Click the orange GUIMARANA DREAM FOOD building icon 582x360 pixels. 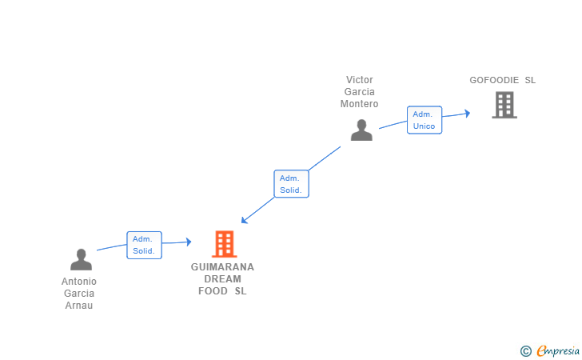pyautogui.click(x=225, y=244)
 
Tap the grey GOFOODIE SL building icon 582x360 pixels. pyautogui.click(x=504, y=105)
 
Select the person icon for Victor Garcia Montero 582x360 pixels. pyautogui.click(x=361, y=130)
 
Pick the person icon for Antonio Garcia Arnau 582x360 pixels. pyautogui.click(x=81, y=259)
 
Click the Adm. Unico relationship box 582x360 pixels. pyautogui.click(x=425, y=120)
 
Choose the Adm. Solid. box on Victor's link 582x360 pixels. pyautogui.click(x=291, y=184)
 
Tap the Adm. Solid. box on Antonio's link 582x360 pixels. pyautogui.click(x=144, y=246)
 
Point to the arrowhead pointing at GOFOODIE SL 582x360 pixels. pyautogui.click(x=468, y=114)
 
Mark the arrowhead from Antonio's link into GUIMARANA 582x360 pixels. pyautogui.click(x=189, y=242)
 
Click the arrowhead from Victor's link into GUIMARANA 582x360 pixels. pyautogui.click(x=244, y=220)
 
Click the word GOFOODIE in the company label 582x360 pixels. pyautogui.click(x=494, y=80)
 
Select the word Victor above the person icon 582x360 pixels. pyautogui.click(x=359, y=80)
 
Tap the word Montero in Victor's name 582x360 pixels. pyautogui.click(x=359, y=104)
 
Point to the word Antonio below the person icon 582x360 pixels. pyautogui.click(x=79, y=282)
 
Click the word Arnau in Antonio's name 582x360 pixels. pyautogui.click(x=79, y=306)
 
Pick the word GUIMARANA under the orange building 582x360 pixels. pyautogui.click(x=222, y=267)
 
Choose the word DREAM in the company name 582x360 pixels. pyautogui.click(x=223, y=279)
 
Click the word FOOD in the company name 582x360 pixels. pyautogui.click(x=213, y=291)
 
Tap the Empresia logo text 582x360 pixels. pyautogui.click(x=558, y=350)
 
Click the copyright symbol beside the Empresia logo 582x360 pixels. pyautogui.click(x=526, y=351)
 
